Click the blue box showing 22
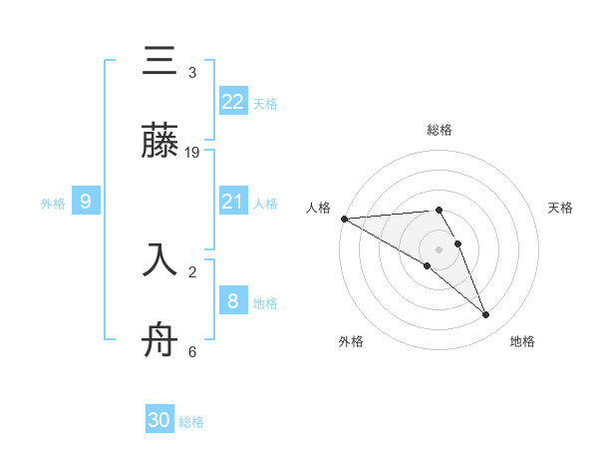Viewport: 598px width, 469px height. click(x=233, y=101)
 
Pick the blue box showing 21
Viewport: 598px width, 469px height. click(x=233, y=202)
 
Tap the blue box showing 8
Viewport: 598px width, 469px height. click(x=233, y=300)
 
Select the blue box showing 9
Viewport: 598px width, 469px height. click(x=86, y=202)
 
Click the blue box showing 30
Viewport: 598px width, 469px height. click(x=159, y=420)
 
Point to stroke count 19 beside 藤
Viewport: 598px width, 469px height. click(x=192, y=153)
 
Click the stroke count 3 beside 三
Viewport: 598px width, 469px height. click(x=192, y=73)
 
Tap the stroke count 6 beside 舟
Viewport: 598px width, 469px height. click(x=192, y=351)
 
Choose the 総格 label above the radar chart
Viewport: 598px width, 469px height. click(x=440, y=130)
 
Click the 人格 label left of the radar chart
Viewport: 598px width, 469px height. click(x=319, y=208)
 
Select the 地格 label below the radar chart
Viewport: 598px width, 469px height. click(x=522, y=341)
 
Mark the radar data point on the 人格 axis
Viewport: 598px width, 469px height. click(x=344, y=218)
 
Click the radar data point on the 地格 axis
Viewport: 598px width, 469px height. click(x=486, y=315)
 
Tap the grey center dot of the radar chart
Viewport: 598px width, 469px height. click(x=440, y=248)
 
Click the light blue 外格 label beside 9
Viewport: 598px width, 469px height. click(x=53, y=203)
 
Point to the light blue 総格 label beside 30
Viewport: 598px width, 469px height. click(x=191, y=422)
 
